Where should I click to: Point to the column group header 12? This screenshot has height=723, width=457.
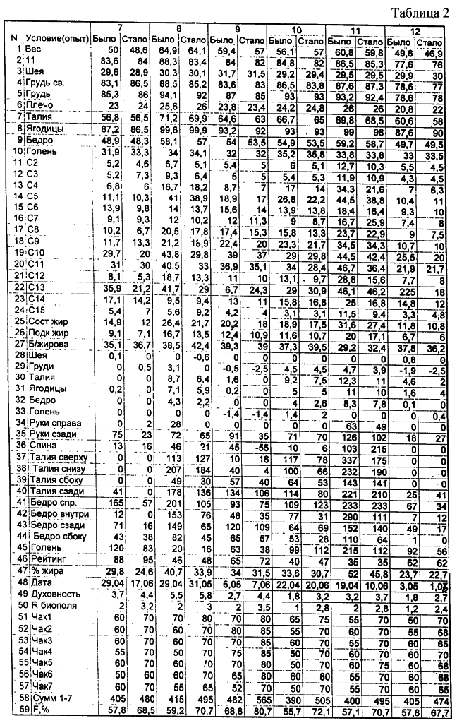coord(415,30)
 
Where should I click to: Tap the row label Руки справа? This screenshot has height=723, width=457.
coord(53,423)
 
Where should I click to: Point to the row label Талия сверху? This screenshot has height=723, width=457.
coord(59,457)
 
